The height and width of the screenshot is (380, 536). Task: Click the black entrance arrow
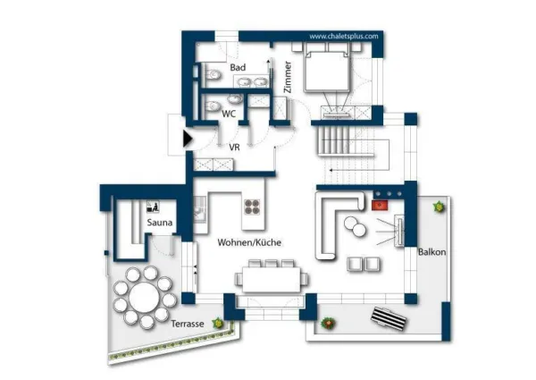click(188, 139)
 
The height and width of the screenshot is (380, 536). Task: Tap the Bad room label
click(238, 67)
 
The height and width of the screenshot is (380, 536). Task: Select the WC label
click(229, 114)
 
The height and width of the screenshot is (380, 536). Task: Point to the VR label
click(234, 148)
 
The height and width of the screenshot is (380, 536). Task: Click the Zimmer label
click(288, 77)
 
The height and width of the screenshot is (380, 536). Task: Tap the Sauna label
click(160, 223)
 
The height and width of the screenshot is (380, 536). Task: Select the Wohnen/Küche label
click(249, 242)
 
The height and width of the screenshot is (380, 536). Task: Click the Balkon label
click(432, 252)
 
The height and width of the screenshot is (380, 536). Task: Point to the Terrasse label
click(188, 324)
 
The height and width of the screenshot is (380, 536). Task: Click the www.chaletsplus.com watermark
click(344, 37)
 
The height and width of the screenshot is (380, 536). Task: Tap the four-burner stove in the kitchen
click(252, 207)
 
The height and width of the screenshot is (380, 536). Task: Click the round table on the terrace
click(144, 298)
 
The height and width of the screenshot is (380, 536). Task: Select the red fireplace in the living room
click(380, 206)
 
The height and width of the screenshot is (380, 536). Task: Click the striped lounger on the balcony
click(389, 319)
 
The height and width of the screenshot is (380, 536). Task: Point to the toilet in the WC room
click(213, 106)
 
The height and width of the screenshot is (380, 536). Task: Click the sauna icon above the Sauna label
click(153, 207)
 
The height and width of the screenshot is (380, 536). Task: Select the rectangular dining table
click(272, 279)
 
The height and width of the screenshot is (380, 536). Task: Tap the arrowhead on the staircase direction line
click(331, 170)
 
